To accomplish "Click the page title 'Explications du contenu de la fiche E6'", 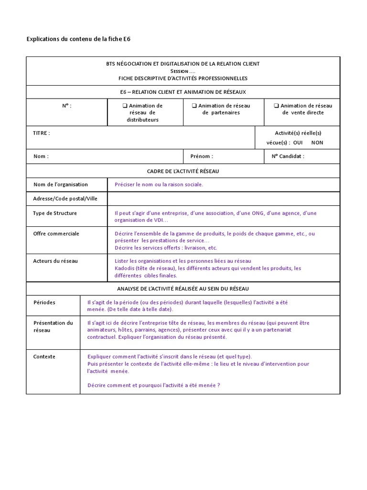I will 78,39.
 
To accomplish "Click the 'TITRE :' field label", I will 41,133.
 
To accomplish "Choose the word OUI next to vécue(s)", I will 299,143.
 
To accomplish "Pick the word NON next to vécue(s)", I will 317,143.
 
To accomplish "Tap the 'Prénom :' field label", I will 202,156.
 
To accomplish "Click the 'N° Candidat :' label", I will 288,156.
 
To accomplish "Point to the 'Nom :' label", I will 41,156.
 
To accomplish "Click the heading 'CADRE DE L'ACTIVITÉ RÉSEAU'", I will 183,171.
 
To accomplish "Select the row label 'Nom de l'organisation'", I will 60,185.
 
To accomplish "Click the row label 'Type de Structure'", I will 54,213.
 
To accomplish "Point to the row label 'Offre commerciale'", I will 56,234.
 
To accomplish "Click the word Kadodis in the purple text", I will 125,268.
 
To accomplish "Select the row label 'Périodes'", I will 44,302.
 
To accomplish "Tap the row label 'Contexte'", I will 44,356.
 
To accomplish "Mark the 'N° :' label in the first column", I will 67,106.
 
